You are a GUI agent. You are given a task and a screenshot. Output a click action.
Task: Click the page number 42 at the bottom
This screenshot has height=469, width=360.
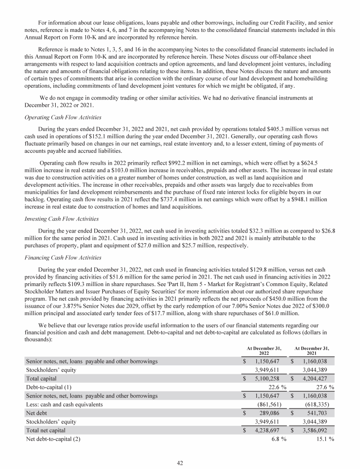(x=180, y=462)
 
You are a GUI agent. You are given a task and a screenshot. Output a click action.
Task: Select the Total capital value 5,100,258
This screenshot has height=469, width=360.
(x=268, y=378)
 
